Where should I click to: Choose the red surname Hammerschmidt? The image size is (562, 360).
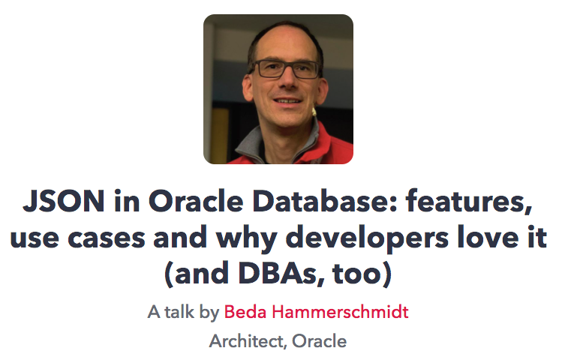343,312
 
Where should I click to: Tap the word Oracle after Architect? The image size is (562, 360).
320,341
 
